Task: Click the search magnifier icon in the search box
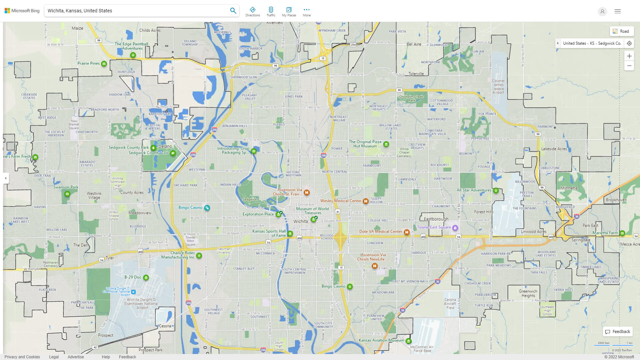(x=233, y=11)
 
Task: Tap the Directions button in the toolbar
(x=253, y=11)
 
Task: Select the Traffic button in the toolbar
(x=271, y=11)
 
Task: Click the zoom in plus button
(x=629, y=56)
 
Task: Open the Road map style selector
(x=621, y=31)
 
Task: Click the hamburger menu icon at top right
(x=618, y=11)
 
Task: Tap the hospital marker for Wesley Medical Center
(x=366, y=201)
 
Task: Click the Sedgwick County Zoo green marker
(x=173, y=153)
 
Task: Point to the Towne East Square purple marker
(x=455, y=228)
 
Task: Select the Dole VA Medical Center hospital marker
(x=407, y=232)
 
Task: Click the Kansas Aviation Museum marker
(x=409, y=341)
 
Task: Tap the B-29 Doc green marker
(x=146, y=278)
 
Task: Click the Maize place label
(x=77, y=28)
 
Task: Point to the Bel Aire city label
(x=414, y=44)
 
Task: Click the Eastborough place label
(x=436, y=219)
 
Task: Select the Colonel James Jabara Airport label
(x=498, y=87)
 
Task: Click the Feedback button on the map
(x=618, y=332)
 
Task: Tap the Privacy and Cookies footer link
(x=22, y=357)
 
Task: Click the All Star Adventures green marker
(x=496, y=191)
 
